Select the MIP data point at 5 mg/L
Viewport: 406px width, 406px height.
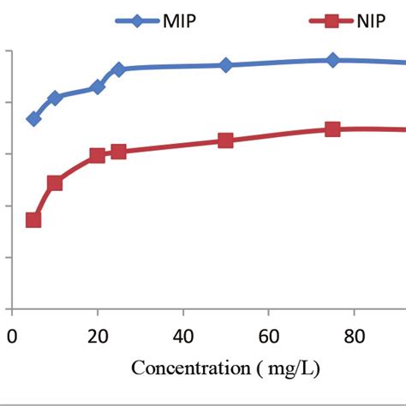point(33,119)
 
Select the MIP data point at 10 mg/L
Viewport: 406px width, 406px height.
point(55,99)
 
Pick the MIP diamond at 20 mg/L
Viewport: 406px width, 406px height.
point(98,87)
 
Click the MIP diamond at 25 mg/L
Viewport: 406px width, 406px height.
point(118,69)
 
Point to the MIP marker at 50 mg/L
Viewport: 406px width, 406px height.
point(225,65)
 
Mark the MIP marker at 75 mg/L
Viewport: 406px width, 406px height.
point(332,60)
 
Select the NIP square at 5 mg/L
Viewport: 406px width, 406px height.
point(33,220)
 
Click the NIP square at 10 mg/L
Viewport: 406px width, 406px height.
point(55,182)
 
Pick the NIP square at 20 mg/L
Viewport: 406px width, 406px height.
point(98,156)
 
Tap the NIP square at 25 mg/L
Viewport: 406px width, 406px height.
point(118,152)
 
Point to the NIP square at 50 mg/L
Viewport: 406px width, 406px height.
point(225,140)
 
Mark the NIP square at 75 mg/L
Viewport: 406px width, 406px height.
point(332,129)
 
